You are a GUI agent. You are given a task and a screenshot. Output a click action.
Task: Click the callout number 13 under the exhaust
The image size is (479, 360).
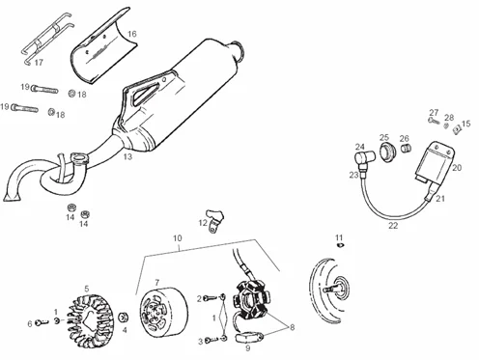point(127,156)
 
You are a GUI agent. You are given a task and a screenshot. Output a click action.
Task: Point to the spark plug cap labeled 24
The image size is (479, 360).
point(365,158)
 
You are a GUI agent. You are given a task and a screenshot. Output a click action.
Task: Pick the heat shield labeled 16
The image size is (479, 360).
point(102,46)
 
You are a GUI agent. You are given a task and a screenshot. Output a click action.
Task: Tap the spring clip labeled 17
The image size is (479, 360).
point(46,38)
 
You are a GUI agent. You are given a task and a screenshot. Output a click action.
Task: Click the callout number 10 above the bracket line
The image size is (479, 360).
point(178,238)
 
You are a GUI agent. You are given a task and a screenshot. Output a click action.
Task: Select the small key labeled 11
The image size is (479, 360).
point(340,245)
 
